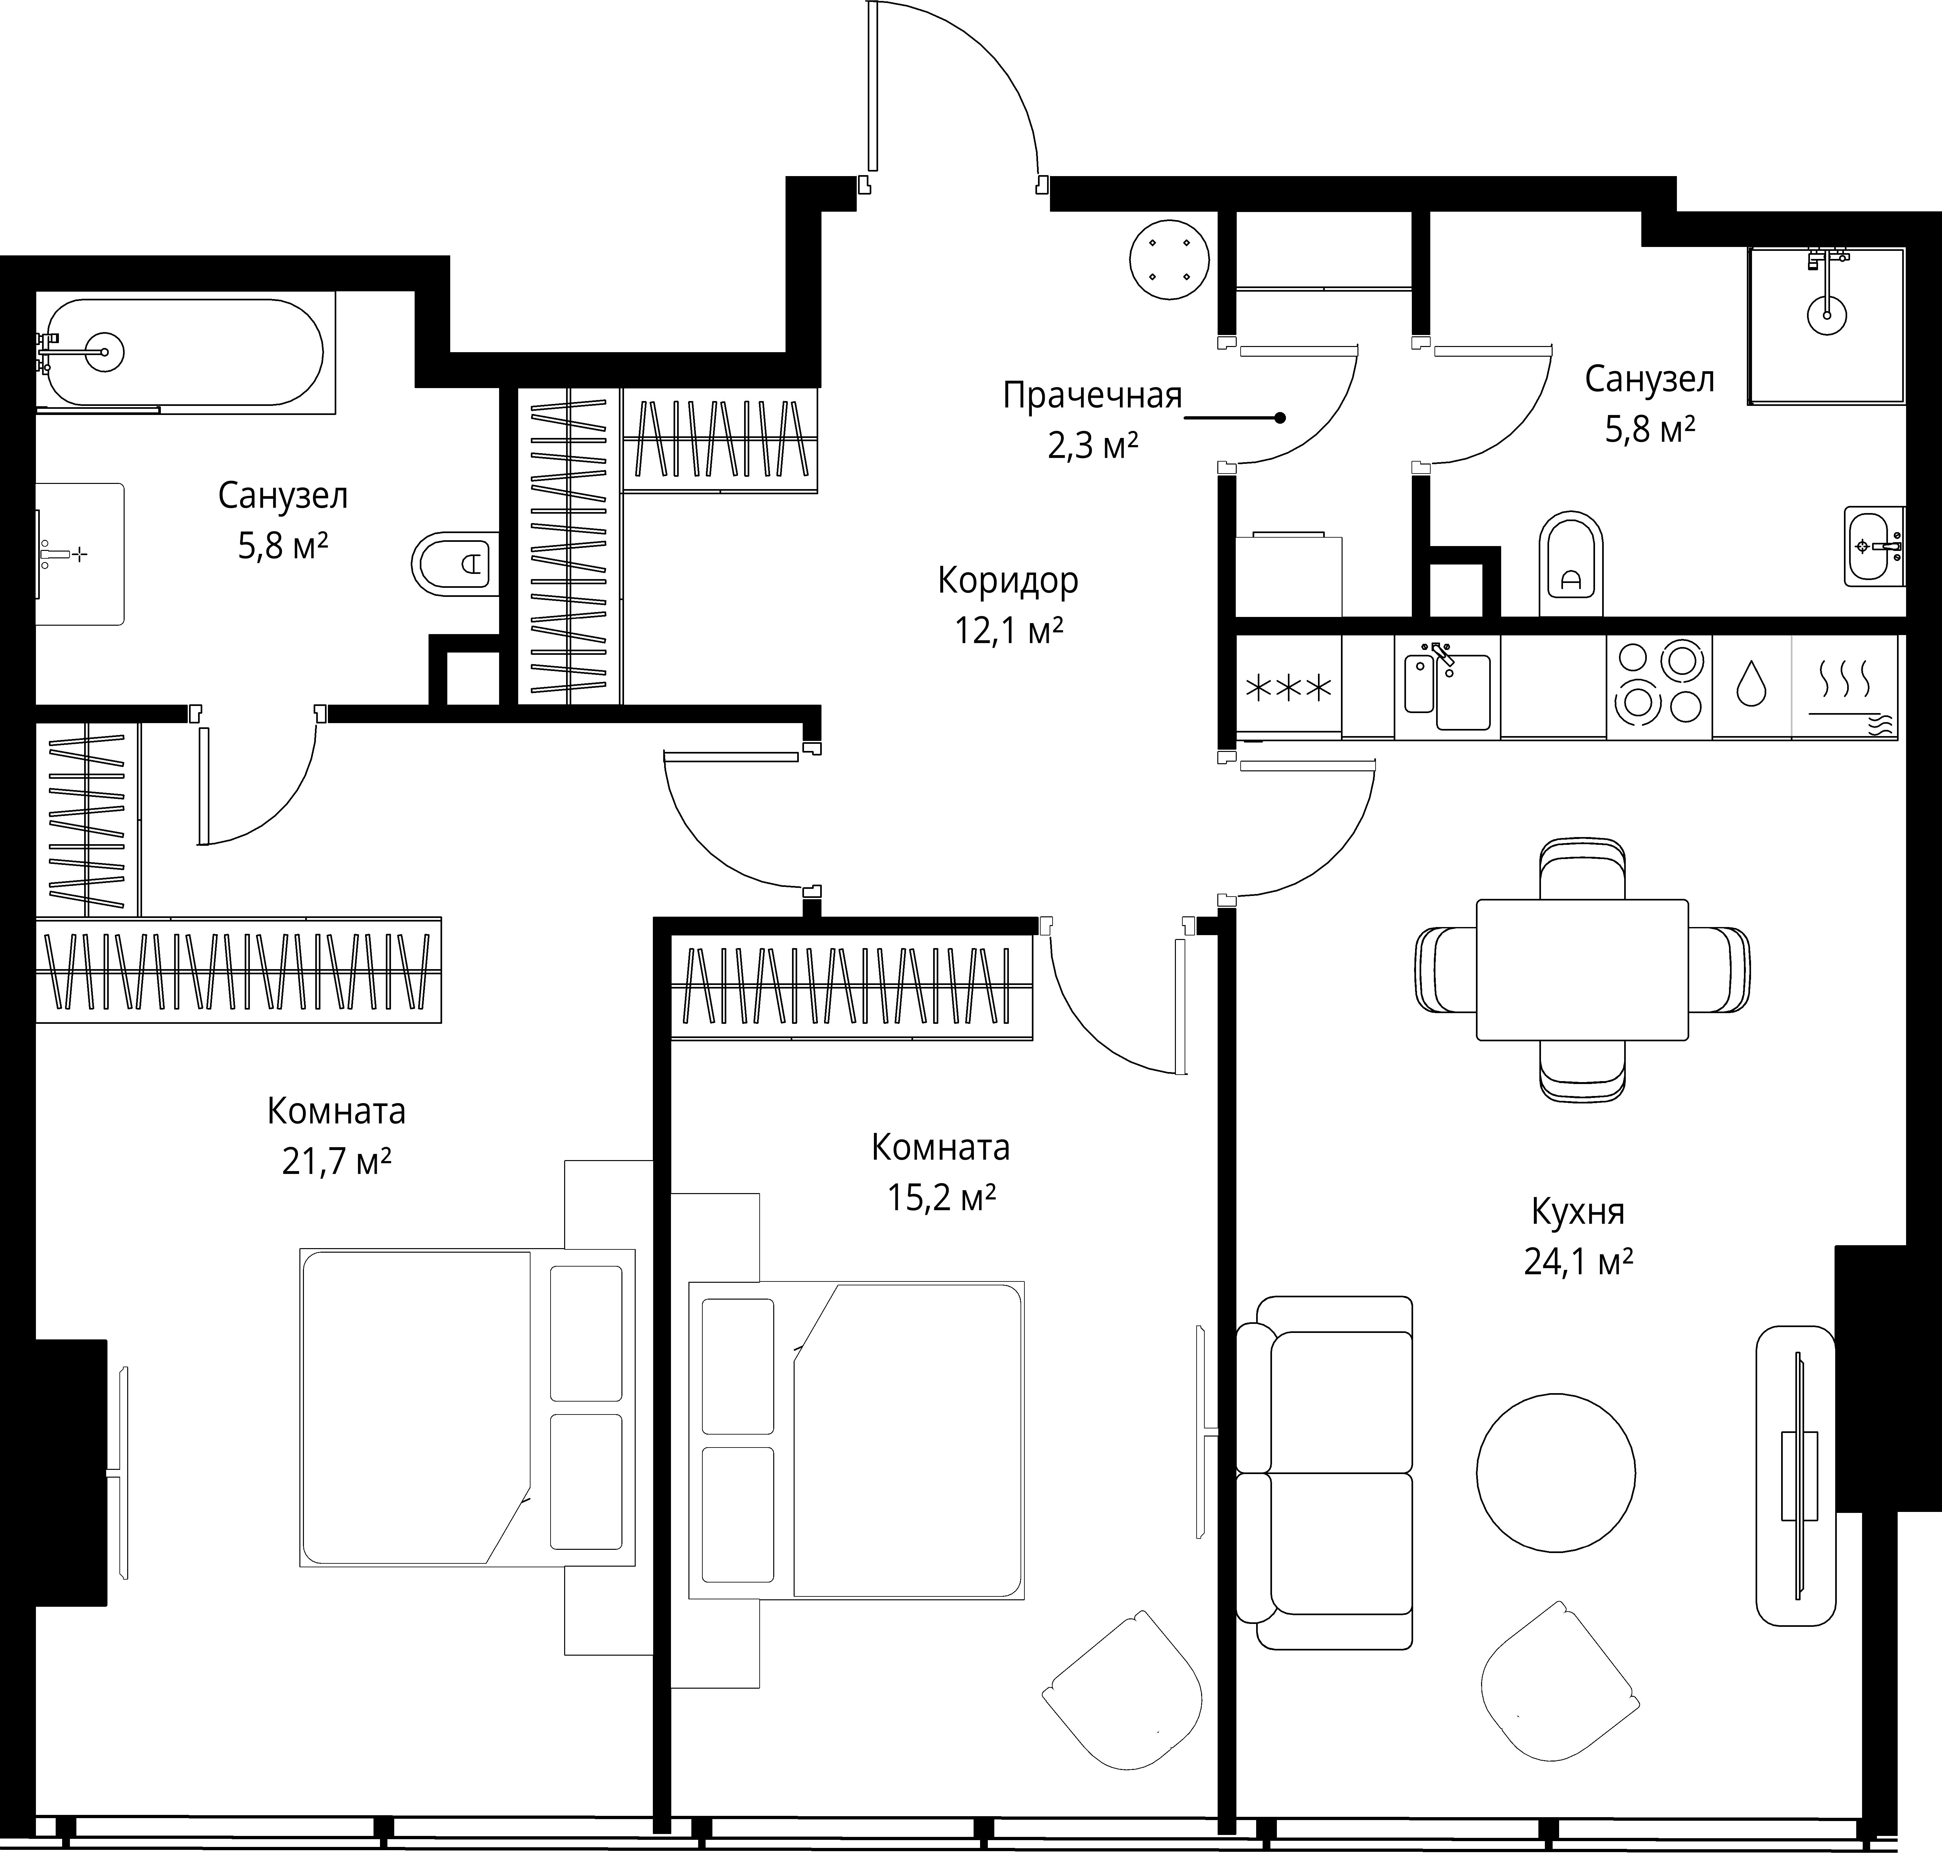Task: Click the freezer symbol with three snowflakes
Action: click(1288, 687)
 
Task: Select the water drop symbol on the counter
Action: click(1751, 683)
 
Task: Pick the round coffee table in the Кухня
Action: click(1555, 1472)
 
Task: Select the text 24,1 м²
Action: click(1578, 1262)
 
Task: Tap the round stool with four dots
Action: click(1169, 260)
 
